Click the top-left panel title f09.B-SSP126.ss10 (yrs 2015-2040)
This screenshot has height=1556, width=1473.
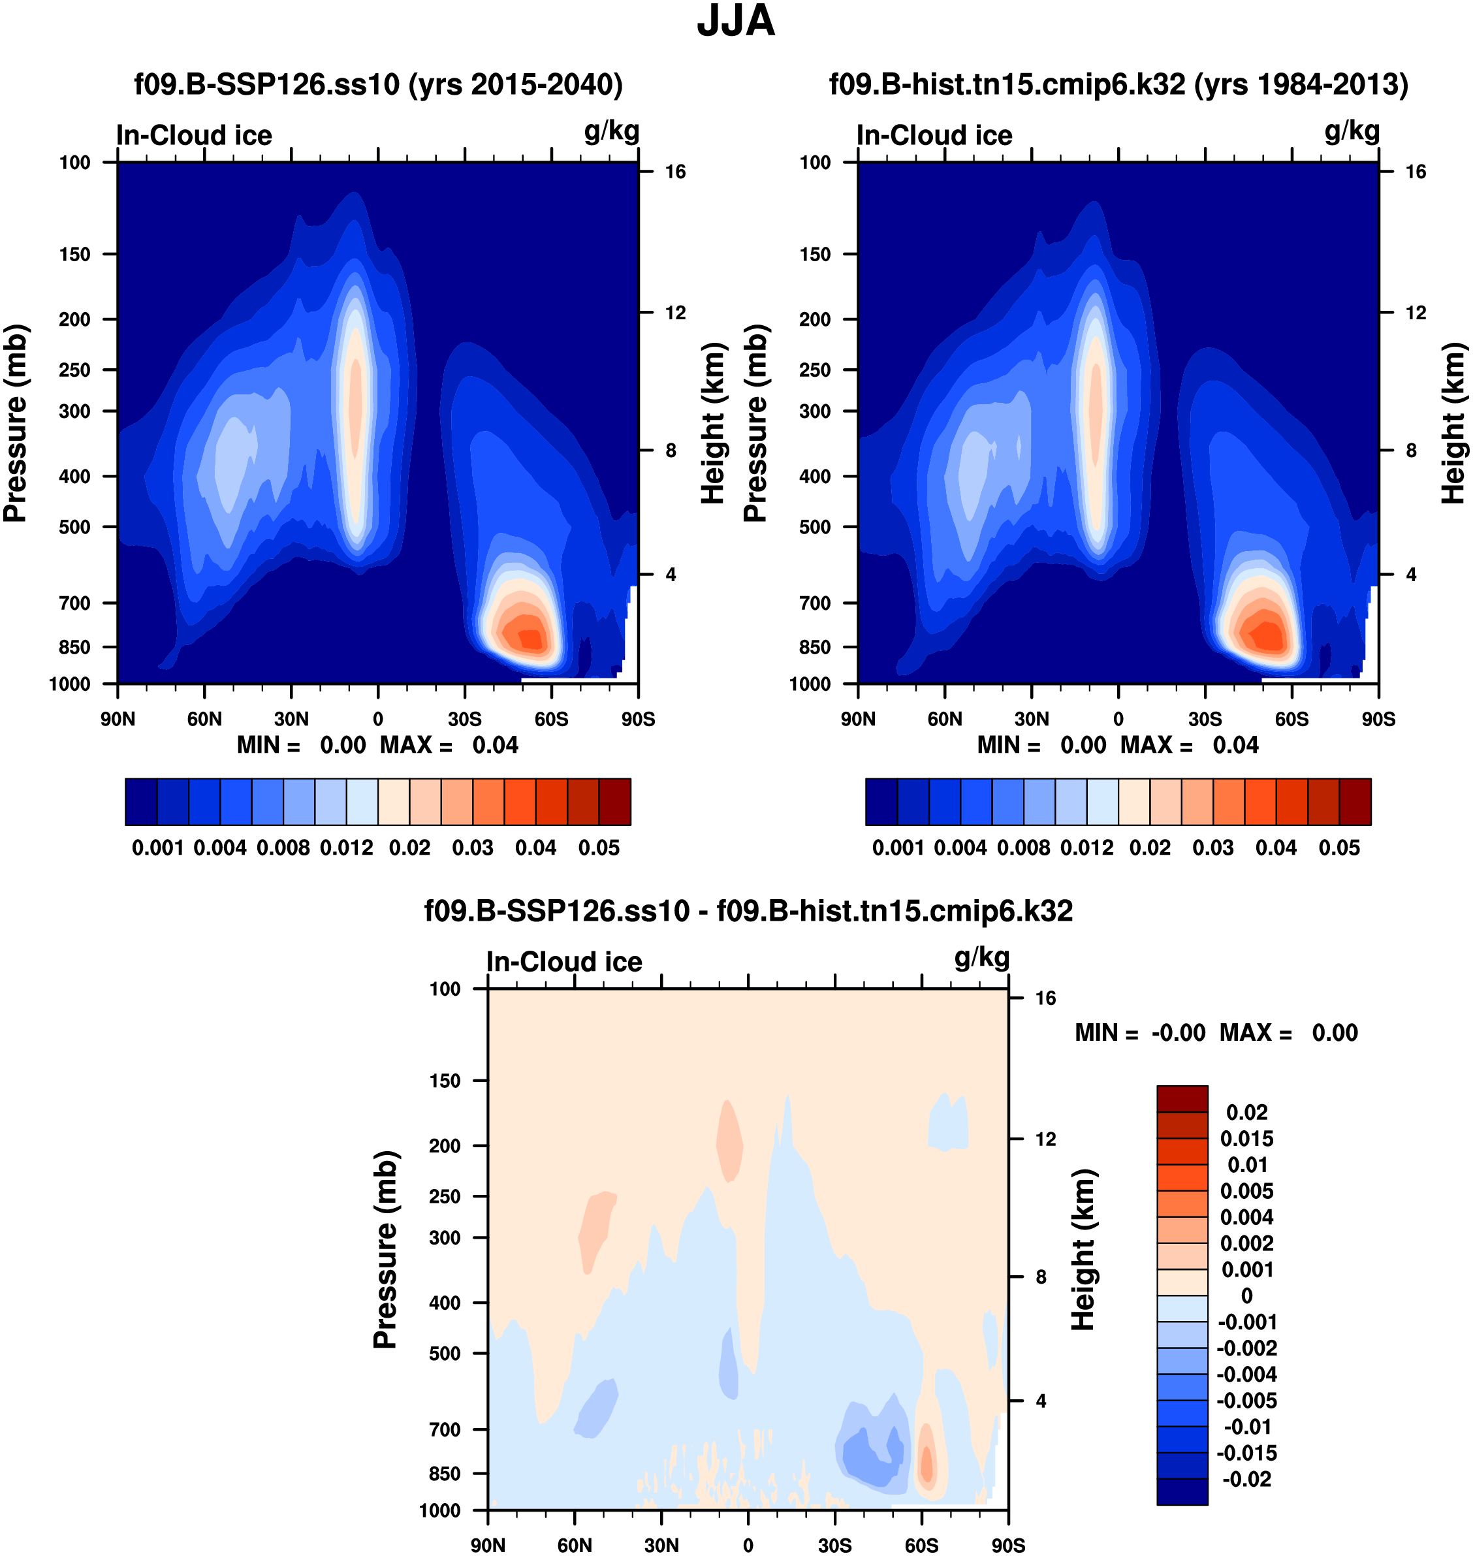[x=379, y=84]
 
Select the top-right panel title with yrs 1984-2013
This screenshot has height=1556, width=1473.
[x=1118, y=84]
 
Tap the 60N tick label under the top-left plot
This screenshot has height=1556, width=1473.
[x=204, y=719]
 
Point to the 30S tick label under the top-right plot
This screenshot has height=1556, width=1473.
[x=1205, y=719]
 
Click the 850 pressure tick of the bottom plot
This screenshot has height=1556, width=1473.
[x=445, y=1474]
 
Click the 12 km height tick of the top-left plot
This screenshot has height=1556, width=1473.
[x=675, y=313]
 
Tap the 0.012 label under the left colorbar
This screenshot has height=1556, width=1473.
[x=346, y=848]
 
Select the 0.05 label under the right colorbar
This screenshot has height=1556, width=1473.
[x=1338, y=848]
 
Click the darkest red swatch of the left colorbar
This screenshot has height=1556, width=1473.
[x=615, y=802]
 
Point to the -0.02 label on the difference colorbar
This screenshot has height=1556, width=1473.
[x=1247, y=1479]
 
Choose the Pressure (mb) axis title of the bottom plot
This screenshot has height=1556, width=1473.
[x=385, y=1250]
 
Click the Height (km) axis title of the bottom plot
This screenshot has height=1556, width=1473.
[x=1084, y=1250]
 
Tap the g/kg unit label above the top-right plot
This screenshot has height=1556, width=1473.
[x=1352, y=131]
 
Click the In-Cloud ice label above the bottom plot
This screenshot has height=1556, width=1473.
[x=563, y=962]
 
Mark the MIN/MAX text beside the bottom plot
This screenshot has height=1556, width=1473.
[x=1216, y=1032]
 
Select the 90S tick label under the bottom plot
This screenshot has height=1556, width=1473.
[x=1008, y=1546]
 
